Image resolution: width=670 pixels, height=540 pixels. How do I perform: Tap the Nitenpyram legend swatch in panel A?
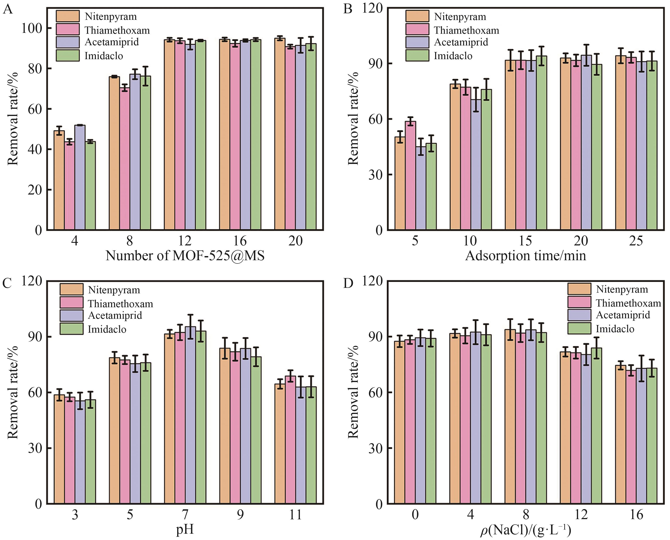[67, 16]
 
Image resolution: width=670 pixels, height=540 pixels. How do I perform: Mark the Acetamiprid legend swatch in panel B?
[417, 42]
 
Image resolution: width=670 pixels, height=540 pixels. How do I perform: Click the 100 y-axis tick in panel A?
[31, 28]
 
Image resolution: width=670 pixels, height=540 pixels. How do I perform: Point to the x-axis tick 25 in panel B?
[636, 241]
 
